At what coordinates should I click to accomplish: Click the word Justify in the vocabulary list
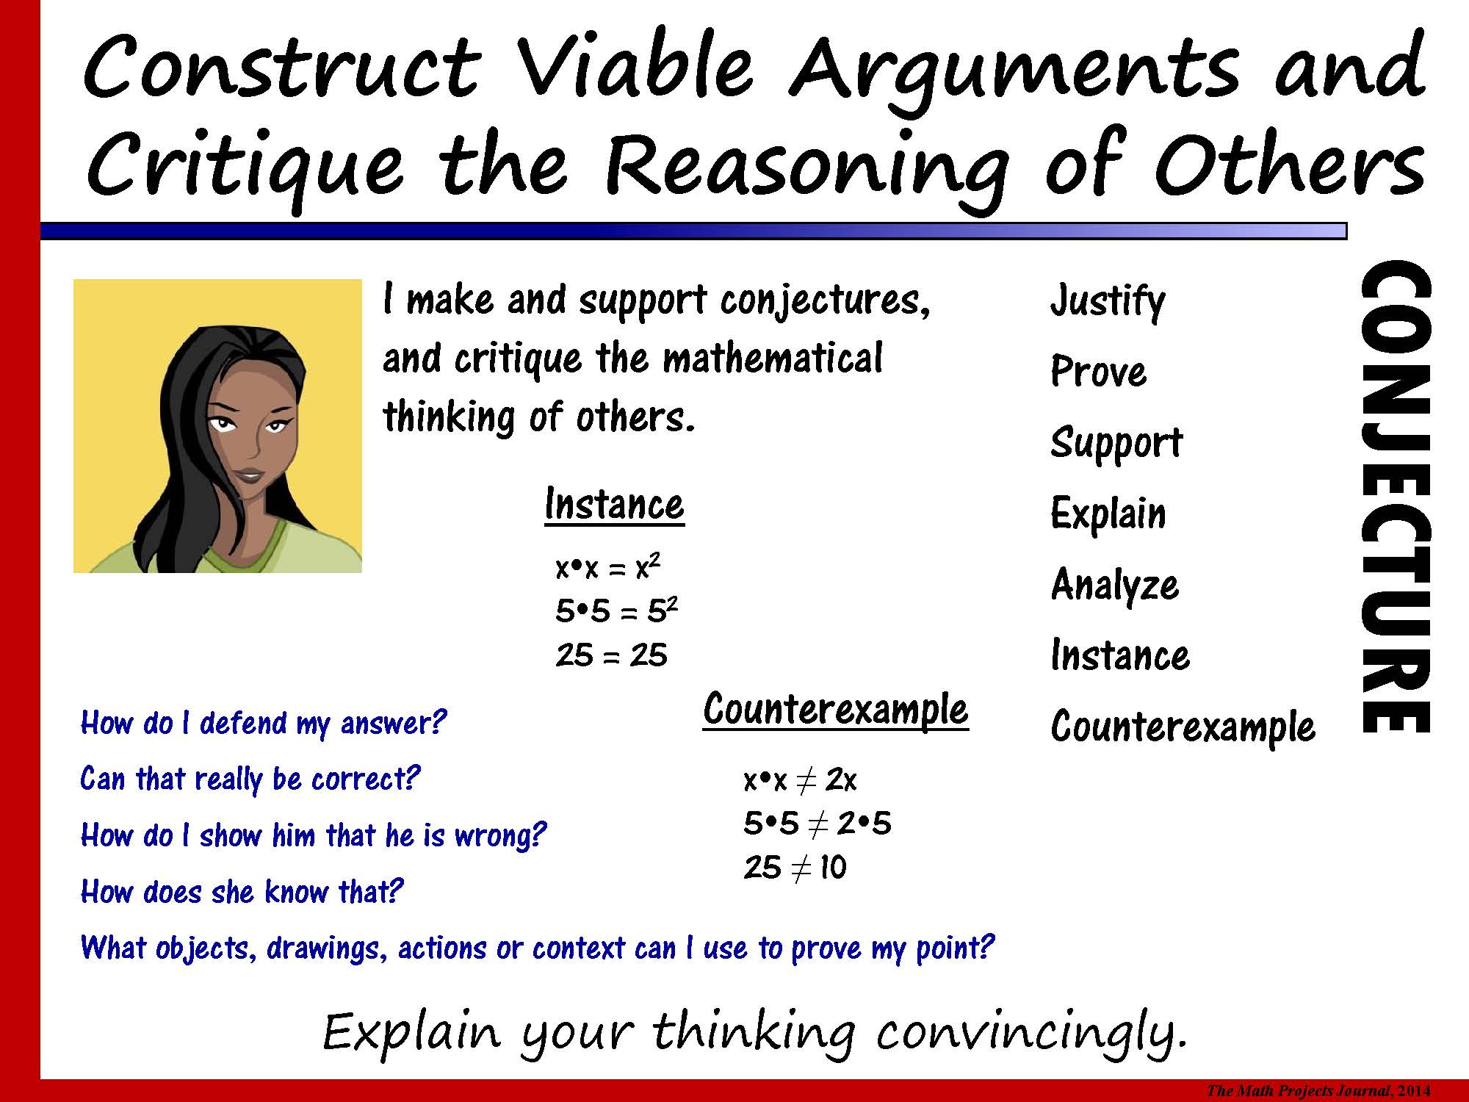click(1108, 302)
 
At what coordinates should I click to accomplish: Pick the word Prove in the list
click(1098, 371)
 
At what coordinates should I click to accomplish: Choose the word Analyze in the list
click(1115, 586)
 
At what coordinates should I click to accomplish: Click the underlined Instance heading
click(614, 505)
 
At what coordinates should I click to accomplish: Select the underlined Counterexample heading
click(836, 710)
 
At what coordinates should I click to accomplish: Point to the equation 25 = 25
click(611, 655)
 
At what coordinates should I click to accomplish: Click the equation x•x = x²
click(608, 567)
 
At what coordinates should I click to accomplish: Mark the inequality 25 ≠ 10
click(795, 868)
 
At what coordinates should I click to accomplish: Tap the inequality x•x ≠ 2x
click(800, 779)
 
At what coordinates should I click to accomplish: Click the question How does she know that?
click(242, 892)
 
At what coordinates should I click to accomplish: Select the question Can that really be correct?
click(250, 779)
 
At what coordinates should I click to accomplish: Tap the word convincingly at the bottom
click(1032, 1033)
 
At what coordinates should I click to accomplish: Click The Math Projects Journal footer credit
click(1318, 1092)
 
